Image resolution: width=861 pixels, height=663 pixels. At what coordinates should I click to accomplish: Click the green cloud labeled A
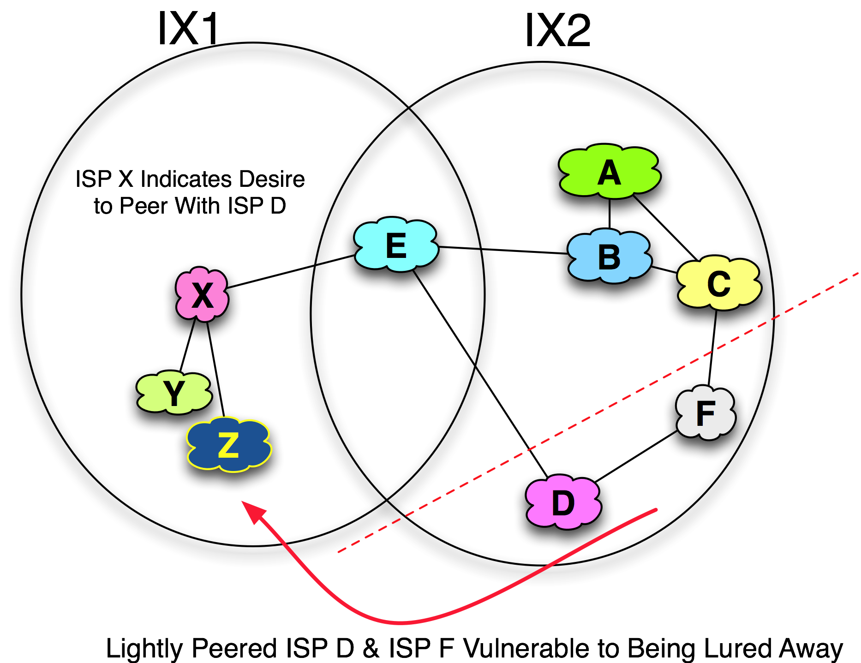(x=609, y=173)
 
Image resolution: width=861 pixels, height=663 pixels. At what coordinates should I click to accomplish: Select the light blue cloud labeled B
(x=609, y=257)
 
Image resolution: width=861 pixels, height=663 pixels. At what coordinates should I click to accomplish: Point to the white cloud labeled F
(x=705, y=413)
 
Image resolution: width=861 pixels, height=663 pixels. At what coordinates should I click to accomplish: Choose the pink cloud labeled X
(x=202, y=294)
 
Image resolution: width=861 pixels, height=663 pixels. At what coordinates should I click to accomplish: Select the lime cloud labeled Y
(x=174, y=393)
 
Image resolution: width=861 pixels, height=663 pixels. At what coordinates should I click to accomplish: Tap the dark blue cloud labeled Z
(x=228, y=445)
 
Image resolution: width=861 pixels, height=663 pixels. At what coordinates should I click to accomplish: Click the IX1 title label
(x=188, y=29)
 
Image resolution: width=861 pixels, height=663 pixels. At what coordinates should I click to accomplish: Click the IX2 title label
(x=557, y=30)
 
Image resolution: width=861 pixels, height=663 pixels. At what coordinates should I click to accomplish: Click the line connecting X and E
(x=272, y=276)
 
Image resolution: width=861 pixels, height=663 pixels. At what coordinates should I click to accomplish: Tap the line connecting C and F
(x=712, y=355)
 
